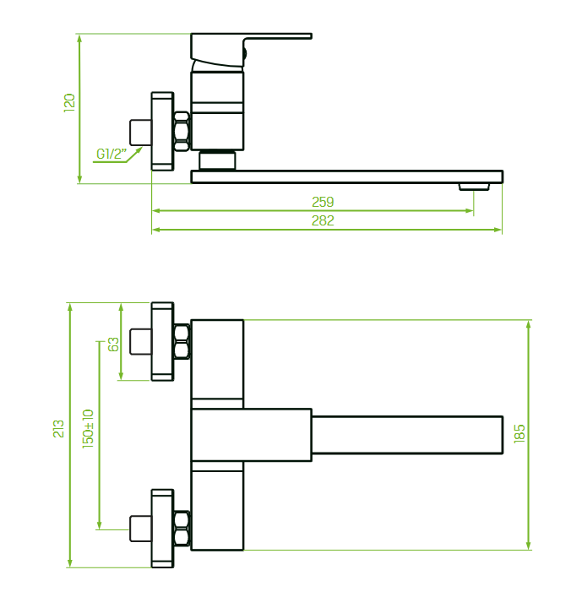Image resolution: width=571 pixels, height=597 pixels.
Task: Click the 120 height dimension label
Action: coord(69,103)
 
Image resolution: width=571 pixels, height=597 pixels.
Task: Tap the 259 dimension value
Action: coord(323,202)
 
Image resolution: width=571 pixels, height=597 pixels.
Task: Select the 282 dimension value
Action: coord(323,221)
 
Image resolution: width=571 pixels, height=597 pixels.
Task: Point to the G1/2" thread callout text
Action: coord(111,154)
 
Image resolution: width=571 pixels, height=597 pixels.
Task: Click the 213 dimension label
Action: coord(58,429)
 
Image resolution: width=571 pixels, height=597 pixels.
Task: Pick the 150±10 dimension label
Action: coord(88,429)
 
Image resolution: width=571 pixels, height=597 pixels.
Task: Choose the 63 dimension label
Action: coord(113,345)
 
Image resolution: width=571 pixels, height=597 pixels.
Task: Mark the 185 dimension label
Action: coord(519,433)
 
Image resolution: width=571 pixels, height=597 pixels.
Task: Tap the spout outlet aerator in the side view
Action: coord(474,187)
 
